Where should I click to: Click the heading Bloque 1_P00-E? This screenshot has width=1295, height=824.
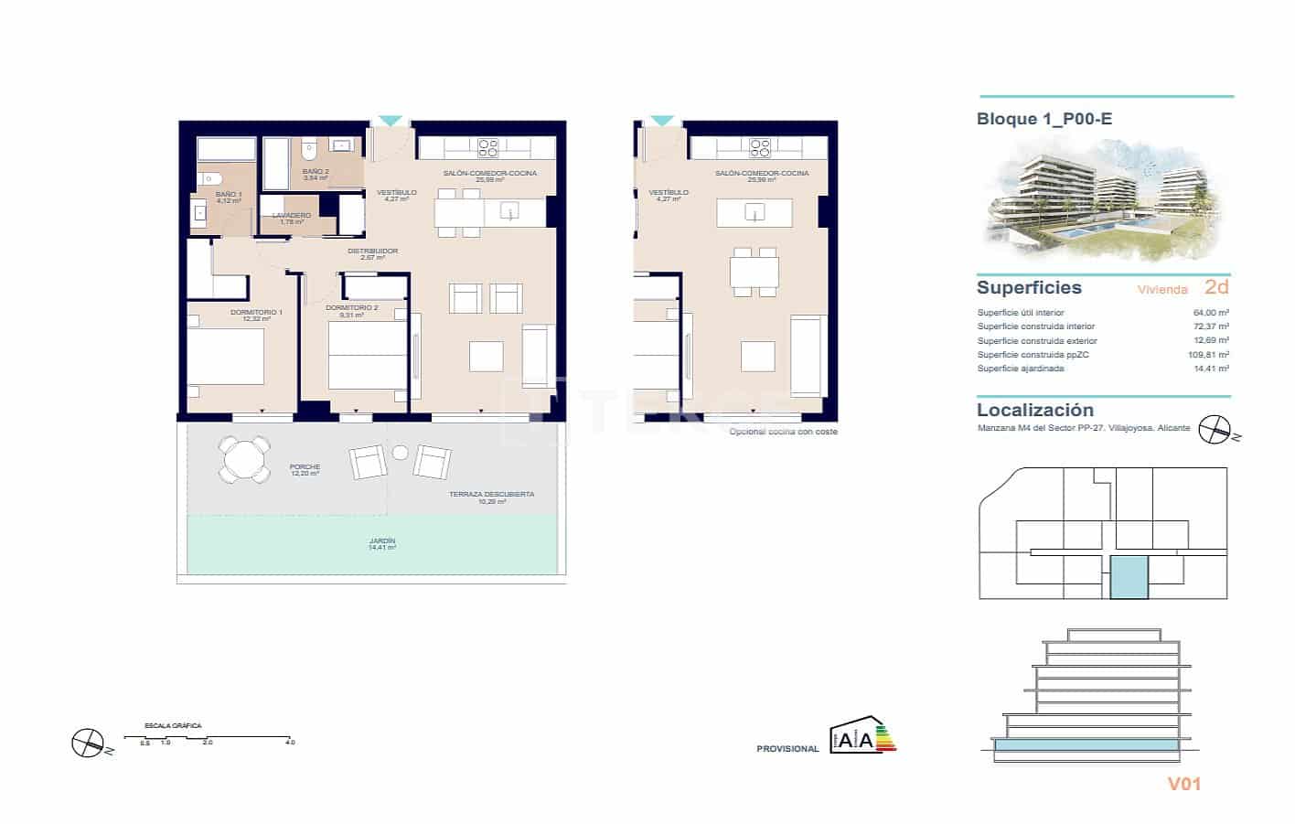click(1044, 119)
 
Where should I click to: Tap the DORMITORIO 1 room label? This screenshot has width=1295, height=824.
click(256, 313)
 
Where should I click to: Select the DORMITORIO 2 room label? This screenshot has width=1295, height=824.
click(351, 308)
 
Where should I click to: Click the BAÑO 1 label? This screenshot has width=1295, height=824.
click(229, 195)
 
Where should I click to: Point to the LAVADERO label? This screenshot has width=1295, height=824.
click(291, 216)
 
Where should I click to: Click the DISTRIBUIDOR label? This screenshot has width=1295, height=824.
click(372, 251)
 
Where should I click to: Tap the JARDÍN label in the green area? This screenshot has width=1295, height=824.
click(381, 542)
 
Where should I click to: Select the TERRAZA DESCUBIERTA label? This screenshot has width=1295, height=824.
click(491, 495)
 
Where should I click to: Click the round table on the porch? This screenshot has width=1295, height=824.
click(244, 459)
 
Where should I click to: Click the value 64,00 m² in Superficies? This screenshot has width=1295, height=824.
click(1211, 313)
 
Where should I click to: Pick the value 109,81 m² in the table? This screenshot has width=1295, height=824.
click(1208, 355)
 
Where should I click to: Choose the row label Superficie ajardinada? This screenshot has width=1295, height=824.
click(1021, 369)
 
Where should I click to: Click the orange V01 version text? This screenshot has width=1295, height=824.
click(1183, 784)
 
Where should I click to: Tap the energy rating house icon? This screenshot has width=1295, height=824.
click(862, 737)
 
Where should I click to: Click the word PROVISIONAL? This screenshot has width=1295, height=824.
click(787, 749)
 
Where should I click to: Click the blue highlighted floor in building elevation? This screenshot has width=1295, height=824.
click(1086, 747)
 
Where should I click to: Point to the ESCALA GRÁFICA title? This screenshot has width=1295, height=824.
click(173, 726)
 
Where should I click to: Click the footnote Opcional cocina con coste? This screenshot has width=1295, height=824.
click(783, 432)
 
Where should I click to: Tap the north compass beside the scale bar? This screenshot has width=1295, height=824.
click(87, 742)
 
